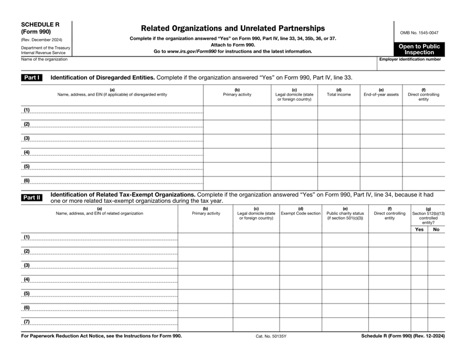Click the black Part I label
[x=31, y=77]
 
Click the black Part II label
[x=31, y=197]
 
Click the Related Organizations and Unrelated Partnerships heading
[x=232, y=28]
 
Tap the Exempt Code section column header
[x=301, y=213]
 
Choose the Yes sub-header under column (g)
[x=419, y=230]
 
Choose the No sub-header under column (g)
[x=436, y=230]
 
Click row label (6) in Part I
[x=26, y=181]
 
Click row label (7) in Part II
[x=26, y=322]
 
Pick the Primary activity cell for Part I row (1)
[x=237, y=111]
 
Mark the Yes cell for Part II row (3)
[x=419, y=267]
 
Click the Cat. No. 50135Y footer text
[x=271, y=336]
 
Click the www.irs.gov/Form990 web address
[x=192, y=51]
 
